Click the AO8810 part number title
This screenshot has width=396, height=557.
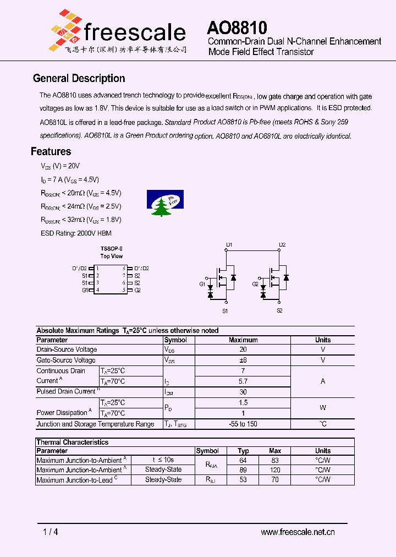(x=237, y=28)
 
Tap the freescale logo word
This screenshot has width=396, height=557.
(x=134, y=32)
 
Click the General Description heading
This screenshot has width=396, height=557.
(x=79, y=79)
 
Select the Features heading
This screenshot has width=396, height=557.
(x=51, y=151)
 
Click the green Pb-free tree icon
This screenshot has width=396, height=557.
(x=165, y=203)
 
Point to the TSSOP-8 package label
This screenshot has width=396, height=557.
(x=112, y=249)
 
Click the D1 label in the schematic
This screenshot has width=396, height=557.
(x=229, y=244)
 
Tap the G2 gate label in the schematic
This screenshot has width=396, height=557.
(x=256, y=284)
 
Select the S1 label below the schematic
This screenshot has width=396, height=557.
(x=225, y=312)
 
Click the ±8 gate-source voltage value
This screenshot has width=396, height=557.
(x=243, y=360)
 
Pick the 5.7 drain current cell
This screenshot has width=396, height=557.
(x=243, y=381)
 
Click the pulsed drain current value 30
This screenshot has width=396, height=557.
(x=243, y=391)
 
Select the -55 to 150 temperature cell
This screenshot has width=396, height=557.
(x=243, y=424)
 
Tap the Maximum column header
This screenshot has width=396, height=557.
(x=243, y=340)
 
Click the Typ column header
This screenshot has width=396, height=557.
(x=243, y=451)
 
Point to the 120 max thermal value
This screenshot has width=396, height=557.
(x=275, y=470)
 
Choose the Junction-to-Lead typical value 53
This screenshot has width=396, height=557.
(x=243, y=480)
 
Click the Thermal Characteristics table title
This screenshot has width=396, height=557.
(x=72, y=442)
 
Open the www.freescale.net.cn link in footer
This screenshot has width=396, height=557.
(x=298, y=532)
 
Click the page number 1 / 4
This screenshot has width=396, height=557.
(x=50, y=532)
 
